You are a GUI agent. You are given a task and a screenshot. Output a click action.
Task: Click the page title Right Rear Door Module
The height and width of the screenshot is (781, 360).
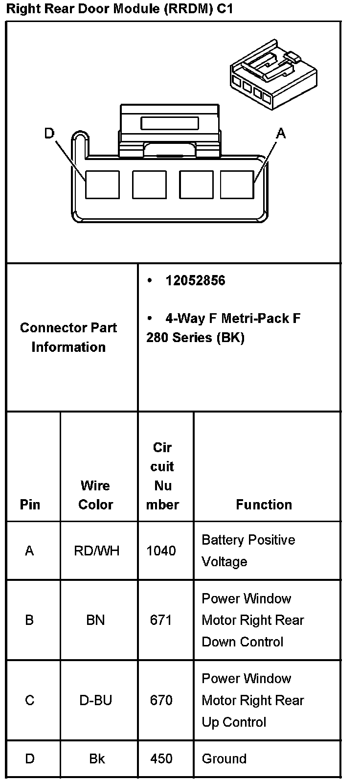pyautogui.click(x=119, y=9)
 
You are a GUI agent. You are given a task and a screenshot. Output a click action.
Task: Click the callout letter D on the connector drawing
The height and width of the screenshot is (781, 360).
pyautogui.click(x=49, y=133)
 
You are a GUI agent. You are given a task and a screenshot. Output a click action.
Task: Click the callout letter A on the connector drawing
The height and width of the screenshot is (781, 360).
pyautogui.click(x=280, y=133)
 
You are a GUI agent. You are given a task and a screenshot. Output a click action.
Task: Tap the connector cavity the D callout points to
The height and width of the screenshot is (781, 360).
pyautogui.click(x=102, y=184)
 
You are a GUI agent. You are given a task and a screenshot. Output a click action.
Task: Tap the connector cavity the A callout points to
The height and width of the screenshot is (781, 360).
pyautogui.click(x=237, y=184)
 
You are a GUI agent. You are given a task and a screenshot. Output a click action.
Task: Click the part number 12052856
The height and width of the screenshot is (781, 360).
pyautogui.click(x=195, y=280)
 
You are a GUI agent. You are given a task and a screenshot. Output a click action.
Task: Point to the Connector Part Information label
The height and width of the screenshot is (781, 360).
pyautogui.click(x=68, y=337)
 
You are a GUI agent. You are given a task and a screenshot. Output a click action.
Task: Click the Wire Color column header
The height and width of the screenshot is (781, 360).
pyautogui.click(x=95, y=495)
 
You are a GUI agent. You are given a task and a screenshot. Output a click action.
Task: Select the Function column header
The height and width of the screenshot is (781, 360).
pyautogui.click(x=264, y=505)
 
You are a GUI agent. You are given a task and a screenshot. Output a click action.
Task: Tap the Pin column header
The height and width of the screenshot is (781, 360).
pyautogui.click(x=30, y=505)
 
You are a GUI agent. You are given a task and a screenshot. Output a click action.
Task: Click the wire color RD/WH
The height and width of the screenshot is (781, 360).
pyautogui.click(x=96, y=551)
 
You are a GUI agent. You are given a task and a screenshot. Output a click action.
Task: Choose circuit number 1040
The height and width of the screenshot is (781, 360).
pyautogui.click(x=161, y=551)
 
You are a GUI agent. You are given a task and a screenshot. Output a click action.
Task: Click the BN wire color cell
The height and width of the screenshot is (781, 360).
pyautogui.click(x=95, y=620)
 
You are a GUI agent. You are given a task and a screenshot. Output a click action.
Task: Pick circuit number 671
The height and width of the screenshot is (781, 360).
pyautogui.click(x=161, y=620)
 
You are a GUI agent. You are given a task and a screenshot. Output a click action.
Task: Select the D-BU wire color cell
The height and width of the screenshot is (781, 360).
pyautogui.click(x=95, y=700)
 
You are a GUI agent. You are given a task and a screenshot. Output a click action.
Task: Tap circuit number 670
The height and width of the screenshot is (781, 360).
pyautogui.click(x=161, y=700)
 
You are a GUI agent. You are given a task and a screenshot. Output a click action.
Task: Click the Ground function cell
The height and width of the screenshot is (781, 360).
pyautogui.click(x=224, y=758)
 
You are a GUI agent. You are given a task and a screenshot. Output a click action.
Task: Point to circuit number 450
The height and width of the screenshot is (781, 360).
pyautogui.click(x=161, y=758)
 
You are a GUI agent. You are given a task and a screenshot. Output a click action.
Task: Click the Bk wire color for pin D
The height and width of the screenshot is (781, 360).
pyautogui.click(x=97, y=758)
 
